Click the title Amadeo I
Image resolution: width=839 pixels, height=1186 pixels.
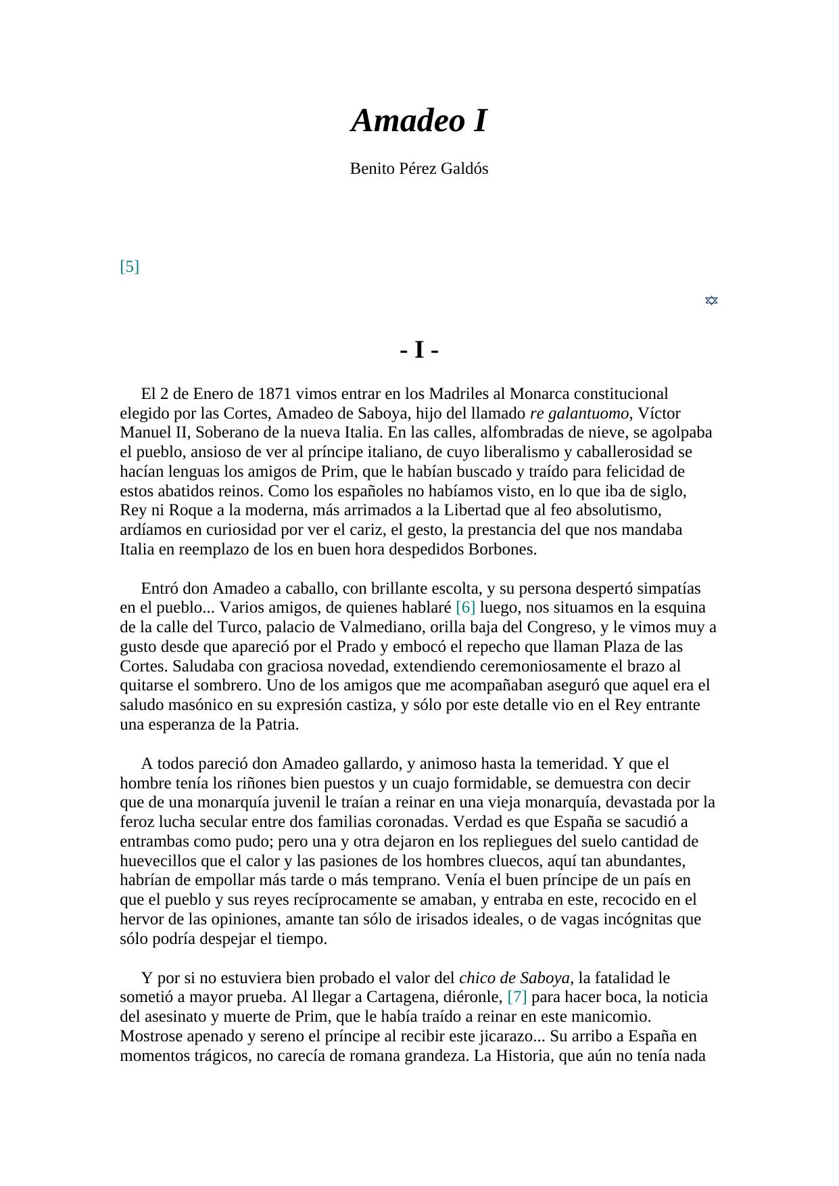418,121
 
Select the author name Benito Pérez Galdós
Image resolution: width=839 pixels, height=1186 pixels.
418,169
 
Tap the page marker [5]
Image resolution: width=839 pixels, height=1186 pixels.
129,266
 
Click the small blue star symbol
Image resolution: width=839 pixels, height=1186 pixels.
711,300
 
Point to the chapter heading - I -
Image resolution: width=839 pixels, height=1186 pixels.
419,350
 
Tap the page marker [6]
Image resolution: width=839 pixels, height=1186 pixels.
466,608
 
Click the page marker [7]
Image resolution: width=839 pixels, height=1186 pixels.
517,997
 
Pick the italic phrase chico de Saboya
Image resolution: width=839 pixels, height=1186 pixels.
514,978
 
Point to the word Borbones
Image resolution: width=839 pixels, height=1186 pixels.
502,550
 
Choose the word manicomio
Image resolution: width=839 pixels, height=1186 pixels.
613,1017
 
